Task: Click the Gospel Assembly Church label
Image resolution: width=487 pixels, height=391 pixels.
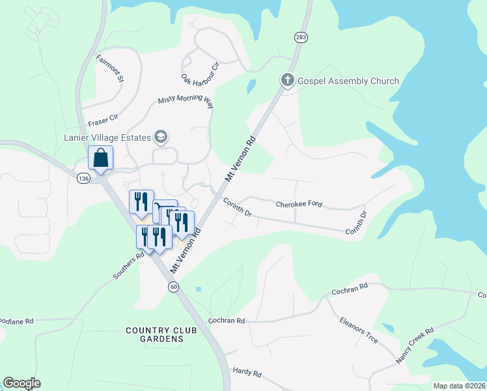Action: click(348, 81)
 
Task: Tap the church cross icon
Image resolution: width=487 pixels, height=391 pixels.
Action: click(287, 80)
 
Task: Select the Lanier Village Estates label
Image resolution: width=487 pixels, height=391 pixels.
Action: click(107, 138)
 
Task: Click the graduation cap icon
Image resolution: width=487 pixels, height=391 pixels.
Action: click(160, 137)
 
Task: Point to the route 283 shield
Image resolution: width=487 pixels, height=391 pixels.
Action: click(300, 37)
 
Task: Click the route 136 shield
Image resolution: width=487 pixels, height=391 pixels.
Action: click(83, 179)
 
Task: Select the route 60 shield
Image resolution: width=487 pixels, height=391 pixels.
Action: click(173, 287)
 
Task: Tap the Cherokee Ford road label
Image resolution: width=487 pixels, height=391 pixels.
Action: click(299, 204)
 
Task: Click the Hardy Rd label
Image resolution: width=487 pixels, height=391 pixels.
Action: click(247, 373)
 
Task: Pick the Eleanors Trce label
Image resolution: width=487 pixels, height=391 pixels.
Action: click(359, 330)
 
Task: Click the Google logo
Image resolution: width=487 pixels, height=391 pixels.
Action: click(21, 383)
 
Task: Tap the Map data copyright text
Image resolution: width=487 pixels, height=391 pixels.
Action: click(459, 386)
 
